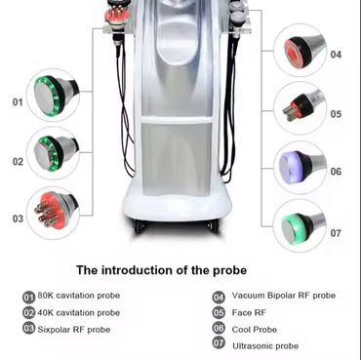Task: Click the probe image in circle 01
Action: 56,94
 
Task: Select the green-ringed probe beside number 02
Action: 56,152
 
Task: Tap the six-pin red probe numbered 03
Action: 56,210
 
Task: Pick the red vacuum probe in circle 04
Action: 303,52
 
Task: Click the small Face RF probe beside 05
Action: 302,106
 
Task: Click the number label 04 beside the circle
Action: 336,55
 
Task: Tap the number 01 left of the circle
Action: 18,102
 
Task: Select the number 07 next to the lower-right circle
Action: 336,233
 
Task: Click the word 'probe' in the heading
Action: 229,270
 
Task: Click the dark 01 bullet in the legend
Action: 28,297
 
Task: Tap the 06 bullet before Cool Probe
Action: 219,328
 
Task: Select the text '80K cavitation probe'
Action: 79,296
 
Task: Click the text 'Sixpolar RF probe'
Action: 74,330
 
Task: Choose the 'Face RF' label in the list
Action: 249,312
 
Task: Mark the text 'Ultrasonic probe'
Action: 265,345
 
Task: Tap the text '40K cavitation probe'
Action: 79,313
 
